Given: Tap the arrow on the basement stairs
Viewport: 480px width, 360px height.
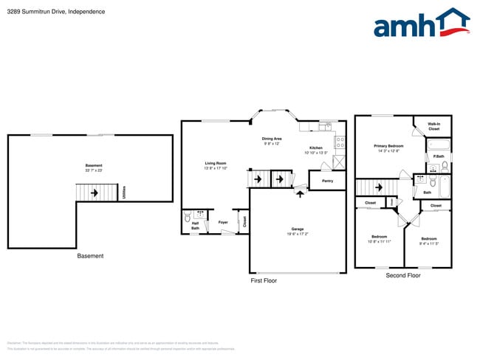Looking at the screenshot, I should pos(95,193).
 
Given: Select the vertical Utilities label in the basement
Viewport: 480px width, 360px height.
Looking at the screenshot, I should pos(124,193).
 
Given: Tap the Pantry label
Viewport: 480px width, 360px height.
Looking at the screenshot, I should pos(327,180).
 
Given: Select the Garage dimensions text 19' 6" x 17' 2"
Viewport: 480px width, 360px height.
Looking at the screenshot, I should pos(297,234).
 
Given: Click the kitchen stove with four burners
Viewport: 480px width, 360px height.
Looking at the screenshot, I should pos(340,142).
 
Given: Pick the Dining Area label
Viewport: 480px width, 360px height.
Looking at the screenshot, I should pos(272,139).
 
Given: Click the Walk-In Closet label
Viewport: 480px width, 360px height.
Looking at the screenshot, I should pos(434,126).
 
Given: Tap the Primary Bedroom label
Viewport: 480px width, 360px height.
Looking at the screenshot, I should pos(388,146).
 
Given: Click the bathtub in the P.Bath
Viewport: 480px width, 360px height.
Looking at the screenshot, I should pos(438,144).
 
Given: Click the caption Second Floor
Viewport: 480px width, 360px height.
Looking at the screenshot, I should pos(403,275).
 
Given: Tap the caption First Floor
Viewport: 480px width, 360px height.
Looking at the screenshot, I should pos(264,280).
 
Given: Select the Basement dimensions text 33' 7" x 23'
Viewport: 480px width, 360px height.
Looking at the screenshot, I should pos(94,170).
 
